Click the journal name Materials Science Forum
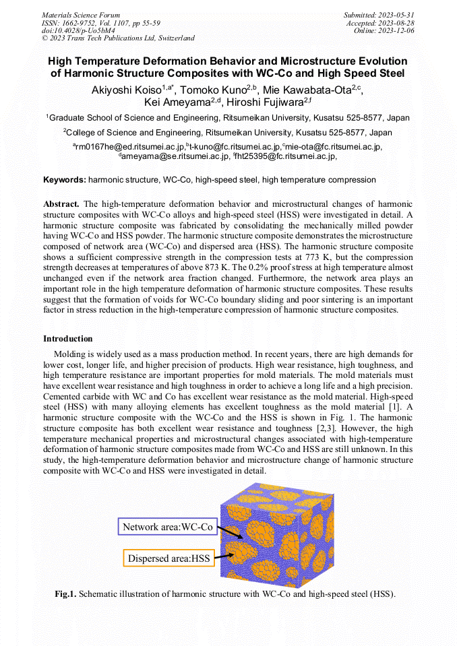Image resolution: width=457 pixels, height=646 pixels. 81,15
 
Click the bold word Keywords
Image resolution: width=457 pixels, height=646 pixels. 65,181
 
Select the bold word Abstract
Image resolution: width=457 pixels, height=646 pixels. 61,203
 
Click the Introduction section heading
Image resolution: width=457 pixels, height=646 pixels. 68,338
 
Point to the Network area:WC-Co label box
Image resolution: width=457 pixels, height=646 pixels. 167,526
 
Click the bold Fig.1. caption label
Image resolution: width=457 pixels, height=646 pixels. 66,594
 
